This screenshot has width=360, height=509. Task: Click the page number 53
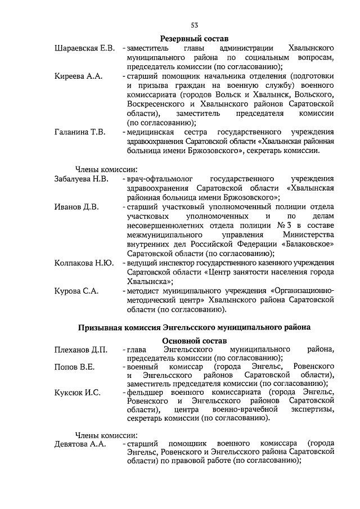click(195, 25)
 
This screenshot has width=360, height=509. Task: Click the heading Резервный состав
click(195, 39)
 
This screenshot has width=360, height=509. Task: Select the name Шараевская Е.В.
click(84, 48)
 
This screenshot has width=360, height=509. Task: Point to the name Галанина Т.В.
click(80, 132)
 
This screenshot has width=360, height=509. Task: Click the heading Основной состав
click(195, 341)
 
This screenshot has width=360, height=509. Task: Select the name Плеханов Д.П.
click(81, 350)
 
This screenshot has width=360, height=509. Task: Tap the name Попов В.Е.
click(75, 367)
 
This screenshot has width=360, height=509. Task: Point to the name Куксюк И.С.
click(78, 392)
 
